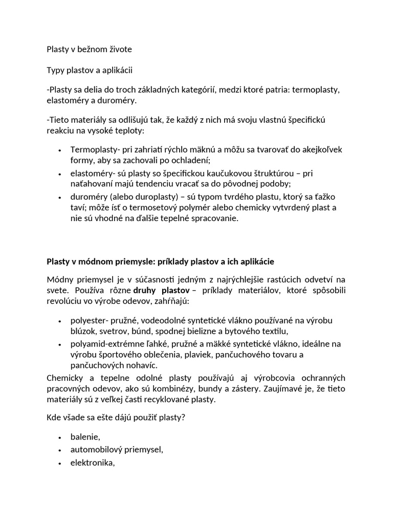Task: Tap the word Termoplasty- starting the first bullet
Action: coord(95,149)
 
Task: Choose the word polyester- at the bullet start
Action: coord(91,320)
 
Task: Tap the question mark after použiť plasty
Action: coord(183,417)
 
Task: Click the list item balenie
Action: coord(85,436)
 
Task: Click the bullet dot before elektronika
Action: coord(60,463)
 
